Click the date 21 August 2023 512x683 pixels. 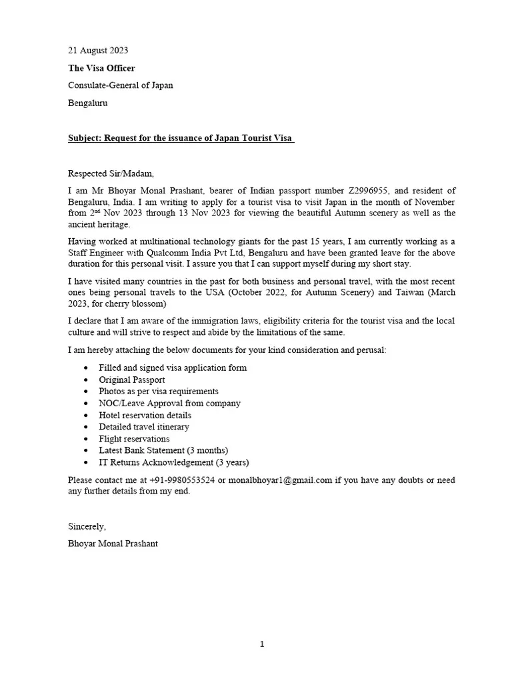tap(98, 50)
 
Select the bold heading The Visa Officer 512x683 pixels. tap(101, 68)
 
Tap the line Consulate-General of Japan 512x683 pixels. tap(121, 85)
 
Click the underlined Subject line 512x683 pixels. tap(181, 138)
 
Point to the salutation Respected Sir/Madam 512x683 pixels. tap(111, 173)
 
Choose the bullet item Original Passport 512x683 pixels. tap(132, 380)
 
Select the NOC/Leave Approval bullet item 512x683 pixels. tap(169, 404)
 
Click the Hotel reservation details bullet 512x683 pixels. tap(145, 415)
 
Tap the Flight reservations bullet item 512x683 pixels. tap(134, 439)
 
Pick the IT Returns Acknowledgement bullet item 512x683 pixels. tap(174, 462)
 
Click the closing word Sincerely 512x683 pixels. tap(87, 526)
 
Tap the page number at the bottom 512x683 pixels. tap(262, 644)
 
